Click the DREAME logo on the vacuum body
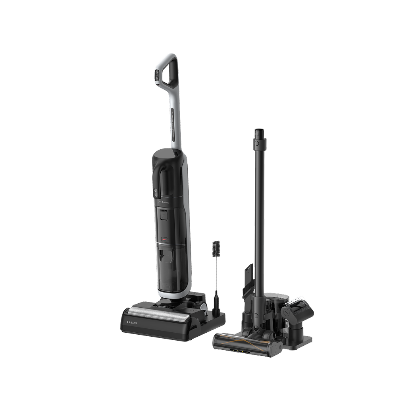point(164,202)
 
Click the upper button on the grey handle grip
point(157,73)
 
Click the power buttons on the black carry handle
point(156,193)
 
